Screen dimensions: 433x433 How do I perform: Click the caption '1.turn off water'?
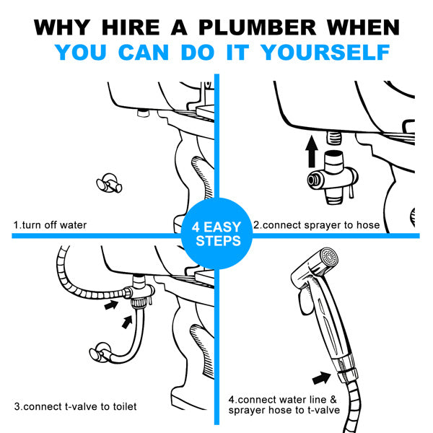click(50, 225)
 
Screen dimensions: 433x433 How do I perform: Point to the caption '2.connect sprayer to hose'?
click(316, 225)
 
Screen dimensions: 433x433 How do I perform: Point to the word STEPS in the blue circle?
click(217, 240)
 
